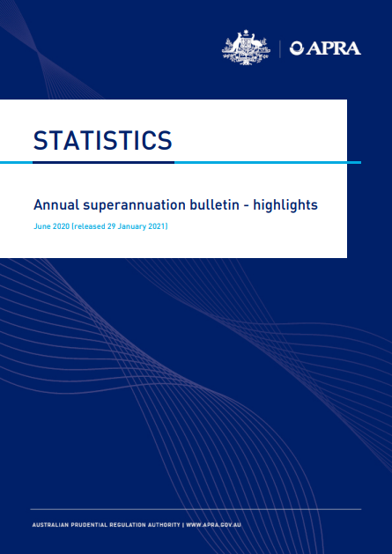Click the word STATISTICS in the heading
tap(102, 141)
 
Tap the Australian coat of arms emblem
tap(246, 48)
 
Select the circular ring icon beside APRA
tap(297, 48)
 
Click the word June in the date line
tap(41, 226)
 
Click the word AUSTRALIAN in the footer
tap(48, 525)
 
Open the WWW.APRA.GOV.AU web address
tap(213, 525)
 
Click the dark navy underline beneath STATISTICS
tap(103, 163)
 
